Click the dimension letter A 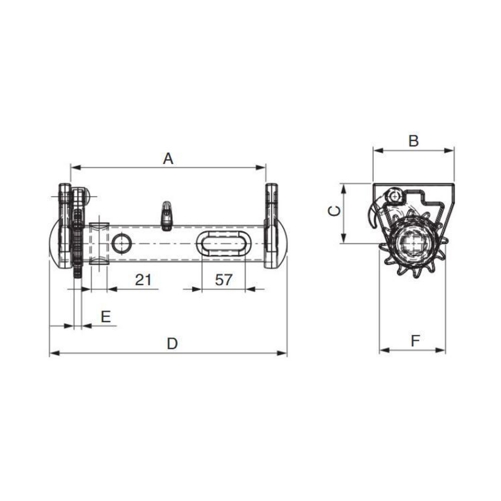(x=168, y=159)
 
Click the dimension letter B (x=413, y=141)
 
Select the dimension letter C (x=334, y=211)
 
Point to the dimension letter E (x=106, y=316)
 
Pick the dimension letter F (x=415, y=341)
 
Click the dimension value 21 (x=144, y=280)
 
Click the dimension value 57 (x=224, y=280)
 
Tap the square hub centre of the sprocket (x=413, y=244)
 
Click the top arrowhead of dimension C (x=343, y=187)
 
